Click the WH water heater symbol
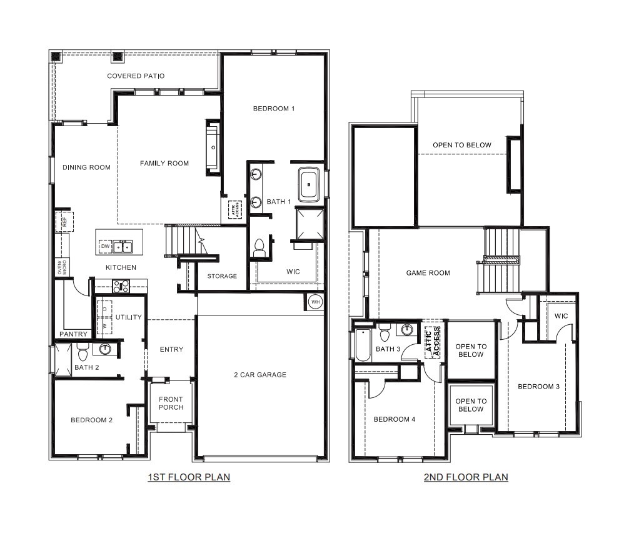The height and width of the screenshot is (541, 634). [314, 302]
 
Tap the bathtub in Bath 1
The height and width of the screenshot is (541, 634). [309, 184]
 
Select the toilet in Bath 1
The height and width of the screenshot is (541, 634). [259, 248]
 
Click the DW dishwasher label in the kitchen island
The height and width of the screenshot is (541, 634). [106, 247]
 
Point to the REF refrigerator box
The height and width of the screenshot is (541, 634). [64, 221]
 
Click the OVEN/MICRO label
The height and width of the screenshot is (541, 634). [61, 268]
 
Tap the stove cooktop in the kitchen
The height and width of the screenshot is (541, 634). [121, 286]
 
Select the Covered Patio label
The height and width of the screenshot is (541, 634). [136, 76]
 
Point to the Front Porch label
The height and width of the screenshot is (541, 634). [171, 404]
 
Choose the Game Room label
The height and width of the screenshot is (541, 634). [428, 273]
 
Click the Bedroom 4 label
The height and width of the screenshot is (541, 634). [394, 419]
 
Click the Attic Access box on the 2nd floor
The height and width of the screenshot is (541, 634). [433, 342]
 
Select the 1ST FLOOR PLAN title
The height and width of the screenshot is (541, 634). [189, 477]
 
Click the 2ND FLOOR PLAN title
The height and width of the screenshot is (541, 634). [466, 477]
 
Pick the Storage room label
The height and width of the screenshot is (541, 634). [222, 276]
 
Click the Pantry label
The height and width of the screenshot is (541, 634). [73, 334]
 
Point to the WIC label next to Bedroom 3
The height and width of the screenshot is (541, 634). [561, 316]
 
